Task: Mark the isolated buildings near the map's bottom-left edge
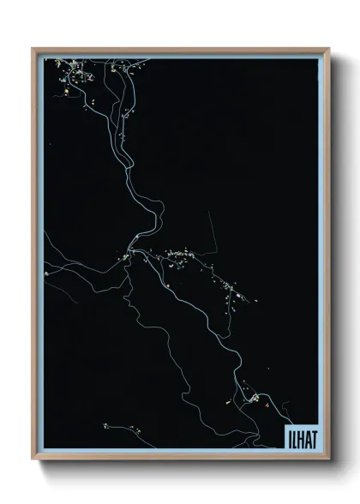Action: click(105, 425)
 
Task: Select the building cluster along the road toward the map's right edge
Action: click(231, 291)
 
